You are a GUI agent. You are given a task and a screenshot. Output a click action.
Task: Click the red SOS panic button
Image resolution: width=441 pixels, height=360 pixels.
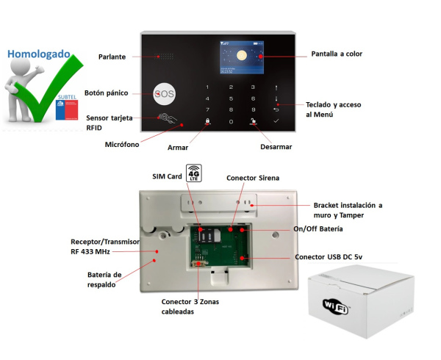(165, 94)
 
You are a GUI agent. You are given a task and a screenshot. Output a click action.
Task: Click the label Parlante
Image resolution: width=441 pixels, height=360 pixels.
(112, 57)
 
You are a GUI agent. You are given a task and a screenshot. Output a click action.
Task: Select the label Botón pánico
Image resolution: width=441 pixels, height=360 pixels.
(107, 93)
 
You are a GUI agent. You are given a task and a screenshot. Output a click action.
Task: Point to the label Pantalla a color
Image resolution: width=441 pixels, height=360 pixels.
(337, 54)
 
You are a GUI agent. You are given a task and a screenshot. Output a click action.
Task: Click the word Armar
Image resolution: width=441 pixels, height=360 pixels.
(178, 148)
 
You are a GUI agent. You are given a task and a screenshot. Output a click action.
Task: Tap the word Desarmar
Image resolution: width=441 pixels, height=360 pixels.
(276, 147)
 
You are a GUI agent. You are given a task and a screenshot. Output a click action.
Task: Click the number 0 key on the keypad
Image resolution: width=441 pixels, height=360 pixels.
(231, 121)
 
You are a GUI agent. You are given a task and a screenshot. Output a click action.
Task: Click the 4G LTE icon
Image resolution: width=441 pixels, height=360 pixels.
(194, 173)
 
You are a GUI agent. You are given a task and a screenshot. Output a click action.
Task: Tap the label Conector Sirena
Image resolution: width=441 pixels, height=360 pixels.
(253, 178)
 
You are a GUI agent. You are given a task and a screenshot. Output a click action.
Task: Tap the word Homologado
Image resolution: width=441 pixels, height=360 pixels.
(39, 54)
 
